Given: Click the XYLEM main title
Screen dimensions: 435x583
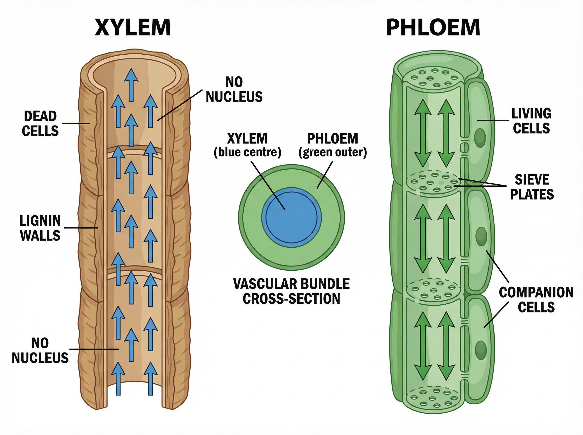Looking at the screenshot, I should click(133, 27).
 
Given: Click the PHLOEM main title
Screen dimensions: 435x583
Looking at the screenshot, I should click(433, 27).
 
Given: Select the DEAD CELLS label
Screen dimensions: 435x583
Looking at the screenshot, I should click(40, 124).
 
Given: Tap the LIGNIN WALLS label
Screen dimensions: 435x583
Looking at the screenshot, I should click(40, 228).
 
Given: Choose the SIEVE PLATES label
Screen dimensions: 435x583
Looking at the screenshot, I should click(532, 187).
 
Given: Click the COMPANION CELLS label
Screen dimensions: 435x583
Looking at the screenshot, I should click(536, 300).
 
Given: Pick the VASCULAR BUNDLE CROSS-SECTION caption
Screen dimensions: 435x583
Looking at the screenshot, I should click(291, 291).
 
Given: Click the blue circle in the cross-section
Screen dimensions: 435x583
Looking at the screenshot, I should click(291, 217).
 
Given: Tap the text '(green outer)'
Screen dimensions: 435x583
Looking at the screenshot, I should click(333, 153).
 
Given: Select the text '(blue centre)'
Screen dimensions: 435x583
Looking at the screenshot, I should click(247, 153).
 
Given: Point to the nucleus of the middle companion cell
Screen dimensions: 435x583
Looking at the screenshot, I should click(481, 236).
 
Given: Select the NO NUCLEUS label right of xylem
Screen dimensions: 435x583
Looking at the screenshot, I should click(234, 90).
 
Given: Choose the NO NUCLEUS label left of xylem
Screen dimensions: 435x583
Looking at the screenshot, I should click(40, 351).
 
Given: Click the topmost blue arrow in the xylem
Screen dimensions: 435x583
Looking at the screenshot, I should click(131, 84).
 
